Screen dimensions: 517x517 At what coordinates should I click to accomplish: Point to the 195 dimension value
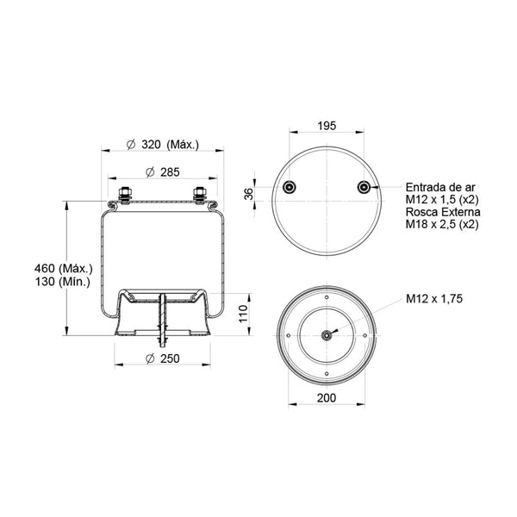pyautogui.click(x=327, y=126)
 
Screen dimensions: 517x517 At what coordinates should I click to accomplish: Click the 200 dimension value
pyautogui.click(x=327, y=398)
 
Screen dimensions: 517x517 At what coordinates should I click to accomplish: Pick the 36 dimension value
pyautogui.click(x=249, y=194)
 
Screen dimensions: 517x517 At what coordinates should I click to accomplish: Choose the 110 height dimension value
pyautogui.click(x=243, y=314)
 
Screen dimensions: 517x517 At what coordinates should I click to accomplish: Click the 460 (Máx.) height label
pyautogui.click(x=64, y=268)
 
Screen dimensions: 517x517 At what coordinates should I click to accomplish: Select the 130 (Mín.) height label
pyautogui.click(x=63, y=282)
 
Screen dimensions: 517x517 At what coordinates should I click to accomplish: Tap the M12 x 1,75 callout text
pyautogui.click(x=434, y=299)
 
